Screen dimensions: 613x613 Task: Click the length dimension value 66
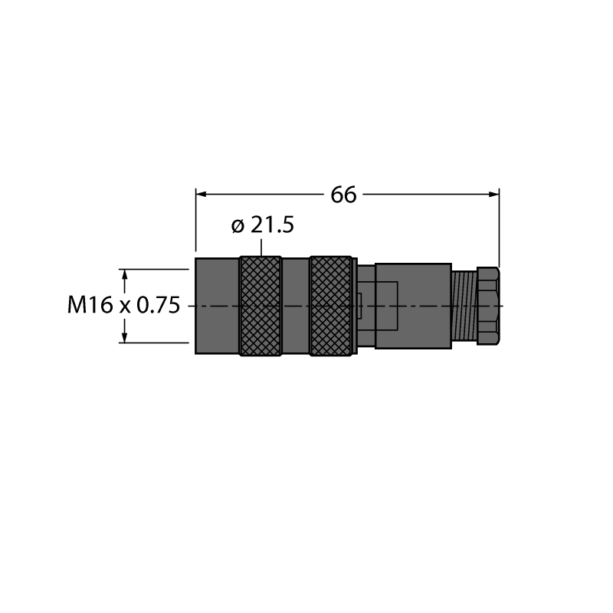pos(343,195)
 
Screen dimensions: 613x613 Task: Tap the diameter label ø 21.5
pos(262,225)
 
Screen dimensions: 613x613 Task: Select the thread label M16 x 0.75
pos(124,305)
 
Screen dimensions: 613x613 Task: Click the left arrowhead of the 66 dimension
pos(201,195)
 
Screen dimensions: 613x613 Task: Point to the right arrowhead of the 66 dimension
pos(493,195)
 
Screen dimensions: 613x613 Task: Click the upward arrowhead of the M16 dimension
pos(125,274)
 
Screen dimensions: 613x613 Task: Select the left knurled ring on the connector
pos(261,306)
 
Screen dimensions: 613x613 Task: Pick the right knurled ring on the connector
pos(331,306)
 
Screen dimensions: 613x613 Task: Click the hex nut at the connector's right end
pos(488,306)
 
